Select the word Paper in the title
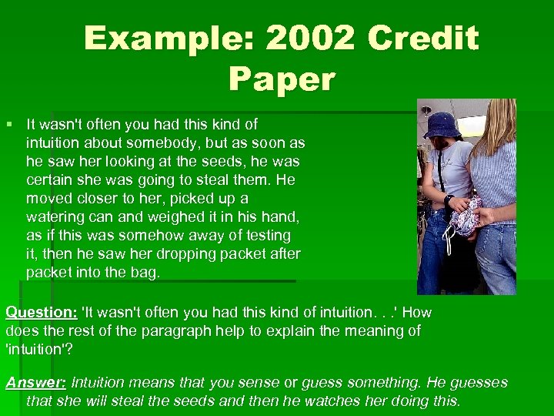coord(282,79)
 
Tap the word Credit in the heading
coord(423,39)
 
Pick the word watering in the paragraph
coord(56,217)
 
